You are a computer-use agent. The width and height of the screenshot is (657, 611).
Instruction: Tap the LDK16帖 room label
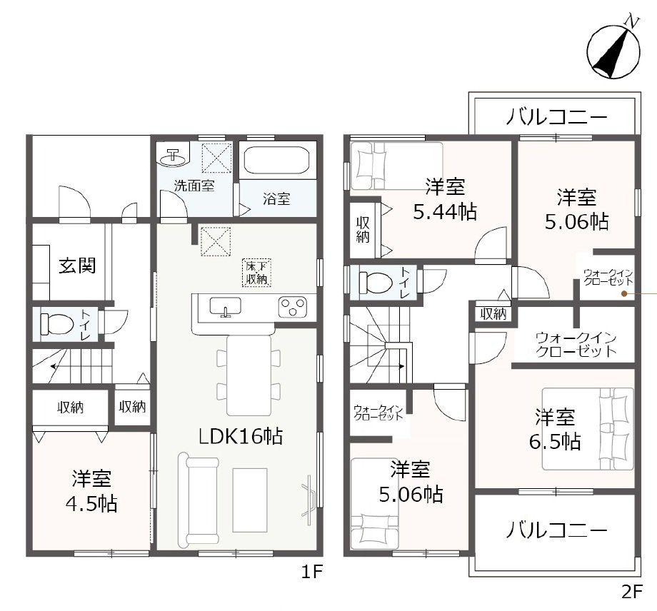pos(241,435)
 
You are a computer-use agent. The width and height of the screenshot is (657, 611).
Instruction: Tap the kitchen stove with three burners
pos(292,307)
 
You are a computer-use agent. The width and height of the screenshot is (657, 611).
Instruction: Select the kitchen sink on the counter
pos(225,307)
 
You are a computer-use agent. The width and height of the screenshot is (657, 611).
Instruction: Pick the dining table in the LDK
pos(249,374)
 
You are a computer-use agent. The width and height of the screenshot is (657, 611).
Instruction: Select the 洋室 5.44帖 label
pos(446,200)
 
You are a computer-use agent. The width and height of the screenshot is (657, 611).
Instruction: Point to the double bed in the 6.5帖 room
pos(588,428)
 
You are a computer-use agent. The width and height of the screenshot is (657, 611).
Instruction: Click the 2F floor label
pos(633,592)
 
